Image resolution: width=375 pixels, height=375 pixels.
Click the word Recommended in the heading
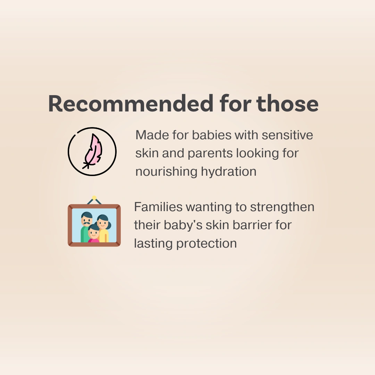[x=131, y=103]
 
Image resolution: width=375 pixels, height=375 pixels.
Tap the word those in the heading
[x=287, y=103]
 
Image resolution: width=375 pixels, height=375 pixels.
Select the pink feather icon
[x=93, y=151]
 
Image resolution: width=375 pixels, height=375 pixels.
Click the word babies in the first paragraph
[x=212, y=135]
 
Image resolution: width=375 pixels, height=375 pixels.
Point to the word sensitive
[x=287, y=135]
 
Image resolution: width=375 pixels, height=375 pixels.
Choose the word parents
[x=210, y=154]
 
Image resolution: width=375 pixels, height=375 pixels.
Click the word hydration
[x=228, y=172]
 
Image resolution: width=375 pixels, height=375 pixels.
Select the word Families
[x=158, y=207]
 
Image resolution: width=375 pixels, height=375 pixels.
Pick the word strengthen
[x=282, y=207]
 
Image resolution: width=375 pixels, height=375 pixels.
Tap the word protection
[x=207, y=244]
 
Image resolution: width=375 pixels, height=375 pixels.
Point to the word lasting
[x=153, y=244]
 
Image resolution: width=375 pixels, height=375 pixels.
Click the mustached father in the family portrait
[x=86, y=226]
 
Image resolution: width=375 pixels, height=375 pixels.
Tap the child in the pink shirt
[x=94, y=233]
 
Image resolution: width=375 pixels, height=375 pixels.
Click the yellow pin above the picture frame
[x=94, y=198]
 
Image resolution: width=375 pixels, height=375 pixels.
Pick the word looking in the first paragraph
[x=257, y=154]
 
